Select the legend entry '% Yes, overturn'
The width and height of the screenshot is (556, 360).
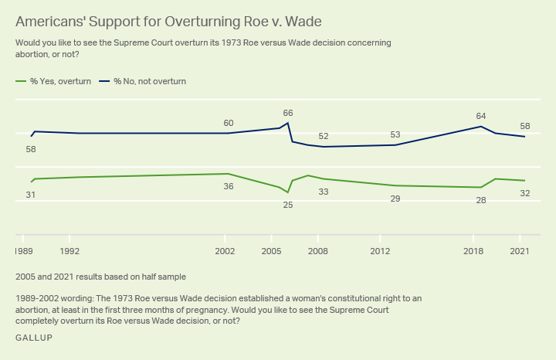(51, 81)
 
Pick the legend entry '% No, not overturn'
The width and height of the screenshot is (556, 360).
(144, 81)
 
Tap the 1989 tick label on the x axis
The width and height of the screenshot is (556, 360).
(24, 251)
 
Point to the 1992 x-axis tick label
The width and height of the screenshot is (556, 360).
(70, 251)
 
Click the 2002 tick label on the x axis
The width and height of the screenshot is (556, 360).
(225, 251)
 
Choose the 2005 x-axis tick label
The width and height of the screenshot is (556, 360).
(272, 251)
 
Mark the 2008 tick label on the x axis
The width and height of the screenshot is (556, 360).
(318, 251)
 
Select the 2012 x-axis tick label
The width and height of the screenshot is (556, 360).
(380, 251)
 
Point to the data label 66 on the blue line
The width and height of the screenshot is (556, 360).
(288, 114)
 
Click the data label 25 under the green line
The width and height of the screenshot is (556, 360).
(288, 205)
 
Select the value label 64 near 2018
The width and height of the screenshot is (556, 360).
(481, 117)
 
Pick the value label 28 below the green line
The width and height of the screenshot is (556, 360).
(481, 200)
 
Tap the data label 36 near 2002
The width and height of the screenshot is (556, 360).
(229, 186)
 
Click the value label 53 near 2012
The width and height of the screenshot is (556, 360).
(396, 134)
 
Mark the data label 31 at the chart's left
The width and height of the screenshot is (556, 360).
(31, 195)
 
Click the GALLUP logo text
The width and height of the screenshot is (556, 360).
(34, 338)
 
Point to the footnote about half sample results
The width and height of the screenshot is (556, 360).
(100, 276)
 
